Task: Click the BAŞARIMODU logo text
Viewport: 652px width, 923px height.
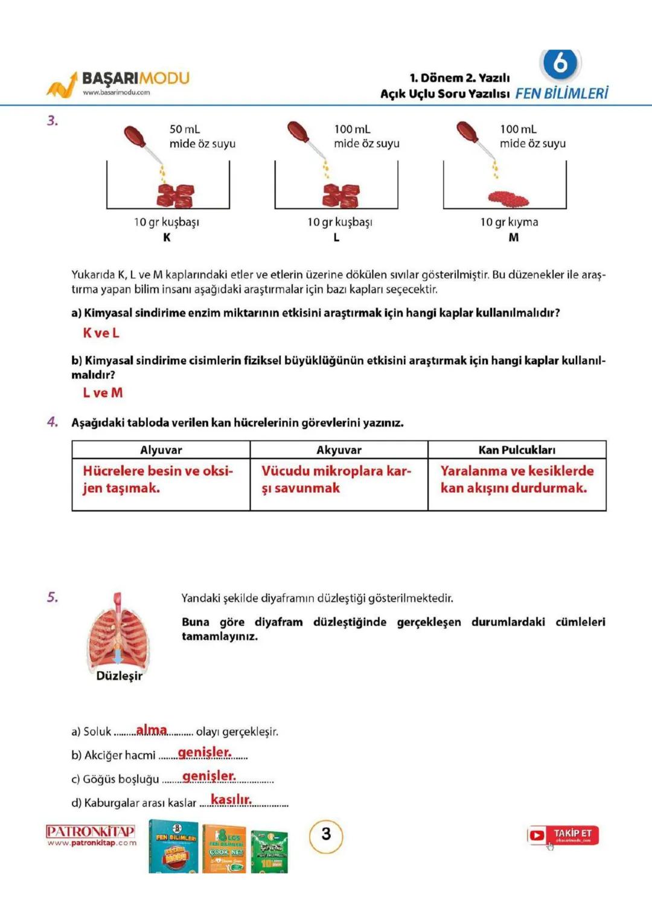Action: point(135,79)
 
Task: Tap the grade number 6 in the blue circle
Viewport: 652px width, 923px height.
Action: point(560,62)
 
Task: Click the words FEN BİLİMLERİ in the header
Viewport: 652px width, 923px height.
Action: point(561,93)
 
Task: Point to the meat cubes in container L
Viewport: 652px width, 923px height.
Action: point(340,195)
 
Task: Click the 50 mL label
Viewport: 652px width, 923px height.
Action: point(185,129)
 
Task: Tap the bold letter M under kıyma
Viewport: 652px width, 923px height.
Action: point(513,237)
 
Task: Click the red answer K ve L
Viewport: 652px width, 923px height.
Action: point(101,333)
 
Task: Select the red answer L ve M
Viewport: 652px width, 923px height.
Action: point(103,393)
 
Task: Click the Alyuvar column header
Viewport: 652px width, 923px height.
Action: point(161,450)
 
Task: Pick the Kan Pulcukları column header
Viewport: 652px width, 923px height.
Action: point(517,450)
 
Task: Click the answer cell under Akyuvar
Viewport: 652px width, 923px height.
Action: point(338,480)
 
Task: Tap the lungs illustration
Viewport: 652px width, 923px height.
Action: point(118,631)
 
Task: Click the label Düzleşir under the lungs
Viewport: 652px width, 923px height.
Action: point(120,676)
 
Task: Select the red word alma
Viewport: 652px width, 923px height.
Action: point(152,730)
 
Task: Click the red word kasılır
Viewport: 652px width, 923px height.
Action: point(231,800)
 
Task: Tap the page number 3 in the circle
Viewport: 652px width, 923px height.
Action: point(326,835)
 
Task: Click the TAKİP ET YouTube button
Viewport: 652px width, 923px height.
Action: point(563,835)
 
